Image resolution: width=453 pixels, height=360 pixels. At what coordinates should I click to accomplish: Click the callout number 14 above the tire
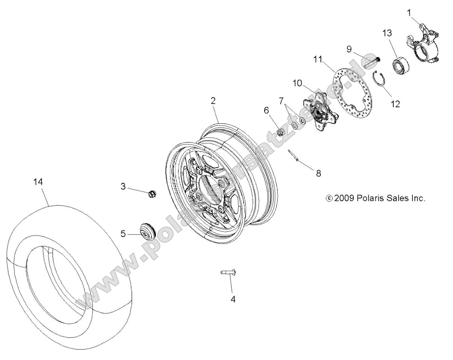click(38, 182)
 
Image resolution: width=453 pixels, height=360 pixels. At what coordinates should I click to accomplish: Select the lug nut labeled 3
click(152, 193)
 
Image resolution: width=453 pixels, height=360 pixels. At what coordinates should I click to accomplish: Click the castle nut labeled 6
click(280, 132)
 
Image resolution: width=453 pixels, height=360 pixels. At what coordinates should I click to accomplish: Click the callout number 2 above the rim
click(213, 100)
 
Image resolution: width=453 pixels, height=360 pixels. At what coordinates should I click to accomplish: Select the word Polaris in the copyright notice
click(367, 198)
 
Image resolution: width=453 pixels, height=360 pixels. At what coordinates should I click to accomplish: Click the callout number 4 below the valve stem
click(233, 300)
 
